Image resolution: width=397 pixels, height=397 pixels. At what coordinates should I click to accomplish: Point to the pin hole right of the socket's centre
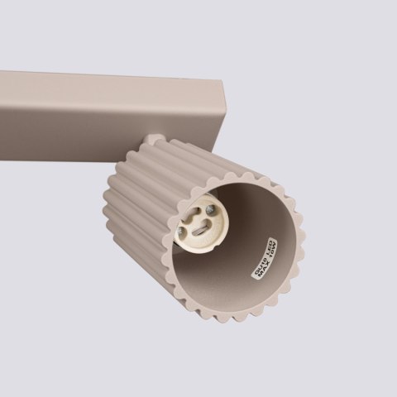point(217,232)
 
